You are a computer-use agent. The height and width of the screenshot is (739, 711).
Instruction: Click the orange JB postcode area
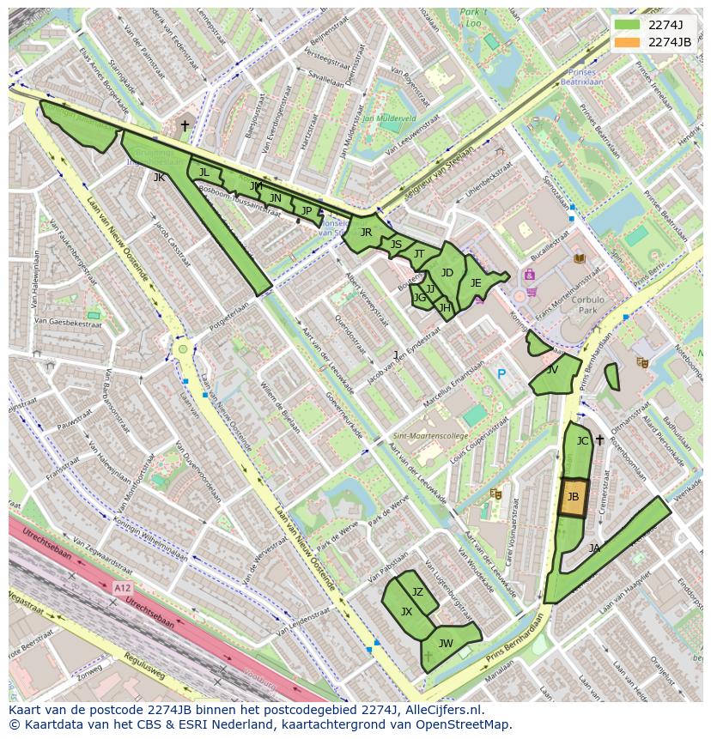[573, 498]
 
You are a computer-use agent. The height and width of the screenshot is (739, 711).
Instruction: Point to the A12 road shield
[122, 588]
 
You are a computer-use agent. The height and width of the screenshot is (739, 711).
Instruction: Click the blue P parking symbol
[501, 374]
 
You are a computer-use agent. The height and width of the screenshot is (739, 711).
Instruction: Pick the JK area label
[159, 178]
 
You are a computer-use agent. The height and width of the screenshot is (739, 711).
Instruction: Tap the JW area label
[446, 643]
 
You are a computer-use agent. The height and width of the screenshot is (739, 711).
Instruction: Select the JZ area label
[417, 592]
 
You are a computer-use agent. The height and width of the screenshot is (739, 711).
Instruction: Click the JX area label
[407, 612]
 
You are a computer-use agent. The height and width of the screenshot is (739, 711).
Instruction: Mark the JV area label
[551, 370]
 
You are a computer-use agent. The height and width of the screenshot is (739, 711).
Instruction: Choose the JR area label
[366, 233]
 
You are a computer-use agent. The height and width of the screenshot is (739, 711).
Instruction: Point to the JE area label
[476, 283]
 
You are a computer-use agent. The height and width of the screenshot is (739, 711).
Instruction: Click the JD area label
[447, 273]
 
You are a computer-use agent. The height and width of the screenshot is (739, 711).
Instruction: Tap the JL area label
[204, 173]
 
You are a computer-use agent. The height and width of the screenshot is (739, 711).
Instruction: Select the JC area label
[582, 441]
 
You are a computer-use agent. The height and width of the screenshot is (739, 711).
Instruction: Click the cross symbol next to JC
[599, 440]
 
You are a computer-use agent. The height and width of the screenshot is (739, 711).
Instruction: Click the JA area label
[594, 548]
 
